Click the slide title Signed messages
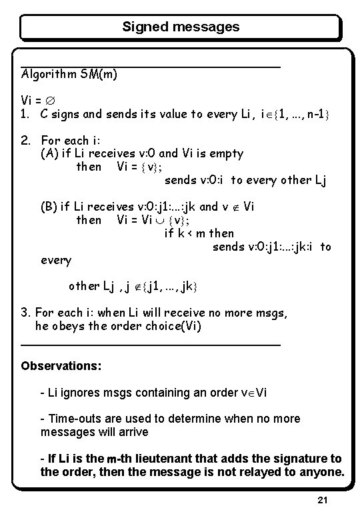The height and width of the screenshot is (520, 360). pos(181,27)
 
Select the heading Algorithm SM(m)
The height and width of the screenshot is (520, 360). pos(70,75)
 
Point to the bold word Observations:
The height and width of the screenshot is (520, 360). pos(61,366)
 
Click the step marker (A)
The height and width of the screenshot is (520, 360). pos(49,153)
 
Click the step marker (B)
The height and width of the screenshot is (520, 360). pos(49,207)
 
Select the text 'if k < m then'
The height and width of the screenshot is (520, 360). pos(199,233)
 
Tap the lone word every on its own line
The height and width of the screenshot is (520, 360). pos(56,260)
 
